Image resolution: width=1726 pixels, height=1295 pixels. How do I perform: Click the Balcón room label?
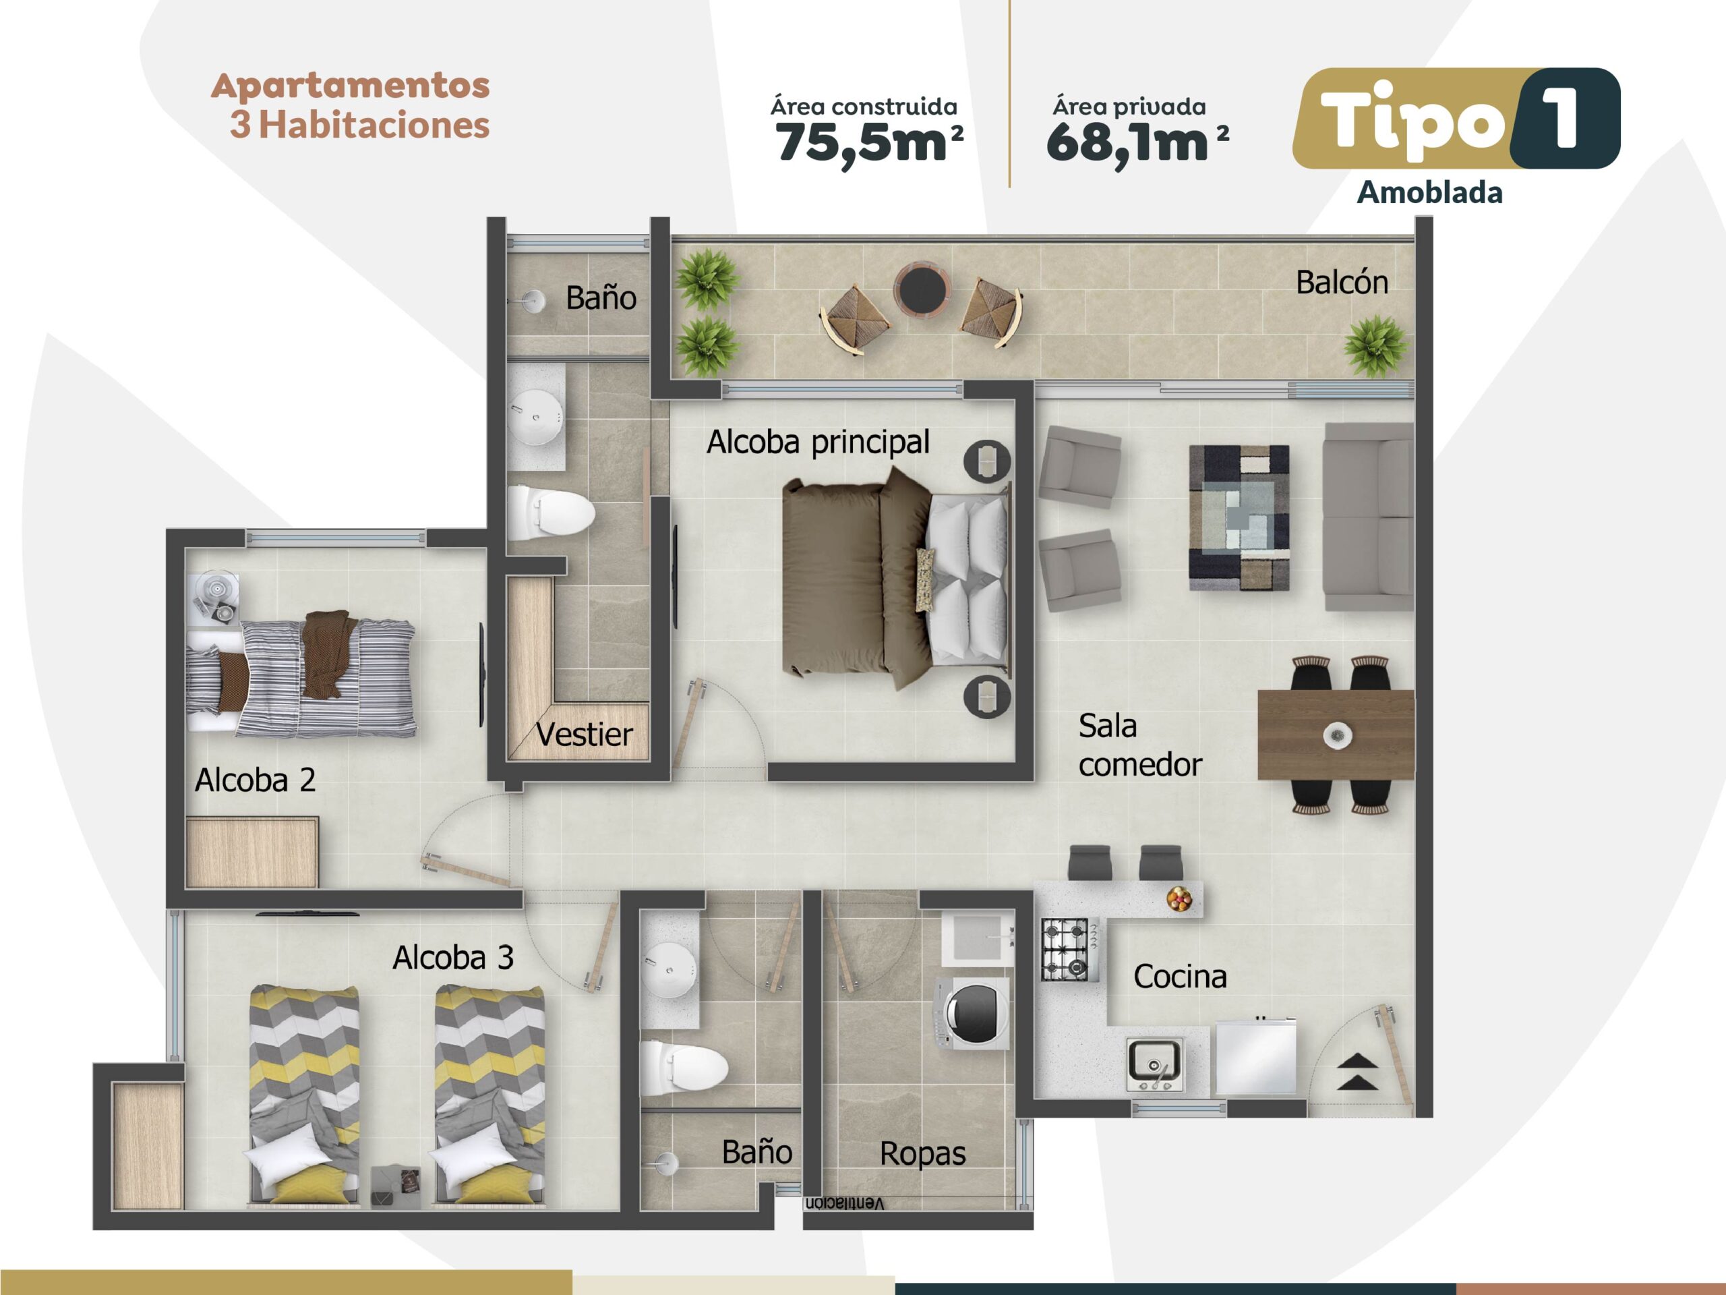pyautogui.click(x=1342, y=283)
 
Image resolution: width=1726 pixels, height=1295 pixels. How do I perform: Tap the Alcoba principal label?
pyautogui.click(x=818, y=442)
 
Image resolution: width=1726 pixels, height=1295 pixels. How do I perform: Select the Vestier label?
pyautogui.click(x=585, y=735)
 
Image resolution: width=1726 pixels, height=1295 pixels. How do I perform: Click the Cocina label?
pyautogui.click(x=1180, y=977)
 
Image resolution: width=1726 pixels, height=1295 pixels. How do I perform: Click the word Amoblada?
pyautogui.click(x=1429, y=193)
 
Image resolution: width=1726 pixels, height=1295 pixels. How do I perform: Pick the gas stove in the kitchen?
pyautogui.click(x=1070, y=949)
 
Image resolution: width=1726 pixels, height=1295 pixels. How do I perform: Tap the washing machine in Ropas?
pyautogui.click(x=973, y=1013)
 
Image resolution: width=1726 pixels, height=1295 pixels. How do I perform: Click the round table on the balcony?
pyautogui.click(x=922, y=289)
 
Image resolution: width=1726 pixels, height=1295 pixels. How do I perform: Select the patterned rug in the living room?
pyautogui.click(x=1239, y=517)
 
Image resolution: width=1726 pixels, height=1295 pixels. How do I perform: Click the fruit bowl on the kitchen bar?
pyautogui.click(x=1179, y=899)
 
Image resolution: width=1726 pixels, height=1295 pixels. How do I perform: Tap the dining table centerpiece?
pyautogui.click(x=1338, y=735)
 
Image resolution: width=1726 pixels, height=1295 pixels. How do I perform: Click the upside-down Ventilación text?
pyautogui.click(x=844, y=1203)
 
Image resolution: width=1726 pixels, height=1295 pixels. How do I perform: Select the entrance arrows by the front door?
pyautogui.click(x=1358, y=1071)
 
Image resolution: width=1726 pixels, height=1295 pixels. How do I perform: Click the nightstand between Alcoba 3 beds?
pyautogui.click(x=395, y=1185)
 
